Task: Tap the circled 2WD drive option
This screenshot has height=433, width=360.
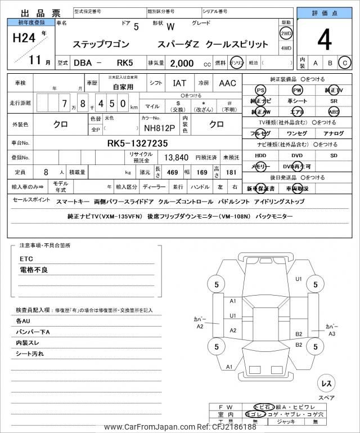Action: coord(286,33)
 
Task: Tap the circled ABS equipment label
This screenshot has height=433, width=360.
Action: coord(334,111)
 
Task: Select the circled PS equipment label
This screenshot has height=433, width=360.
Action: coord(260,90)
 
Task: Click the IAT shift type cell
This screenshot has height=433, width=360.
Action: coord(179,83)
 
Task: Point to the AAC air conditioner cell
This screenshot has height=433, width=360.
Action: coord(227,83)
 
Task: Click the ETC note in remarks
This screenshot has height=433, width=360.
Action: coord(27,259)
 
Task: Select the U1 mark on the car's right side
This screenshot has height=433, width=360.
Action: coord(299,279)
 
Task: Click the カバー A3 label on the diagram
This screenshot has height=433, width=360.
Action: coord(332,329)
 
